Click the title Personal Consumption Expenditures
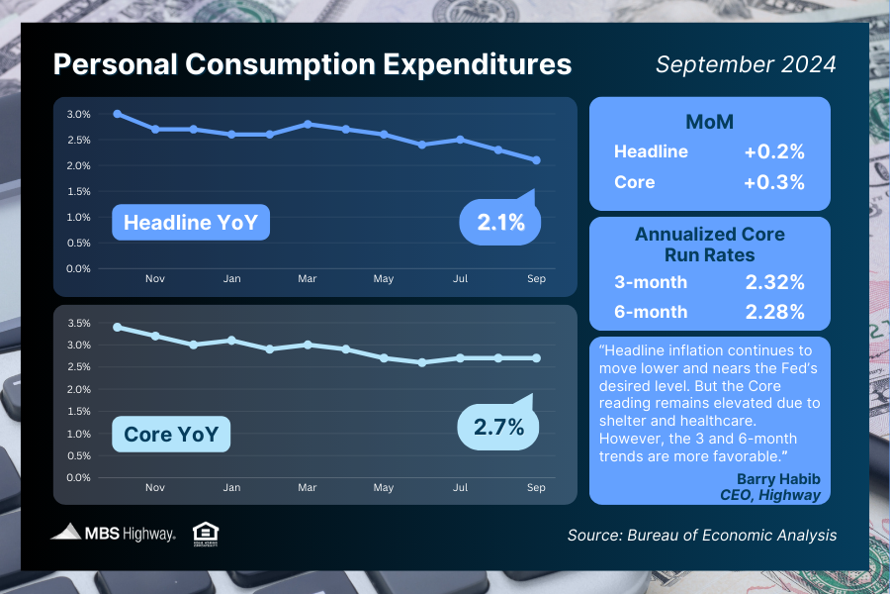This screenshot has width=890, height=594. pyautogui.click(x=311, y=64)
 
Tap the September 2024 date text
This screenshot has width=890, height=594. pyautogui.click(x=746, y=64)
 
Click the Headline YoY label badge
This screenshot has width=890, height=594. pyautogui.click(x=191, y=223)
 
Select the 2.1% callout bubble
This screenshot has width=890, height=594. pyautogui.click(x=500, y=223)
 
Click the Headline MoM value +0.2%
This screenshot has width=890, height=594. pyautogui.click(x=774, y=152)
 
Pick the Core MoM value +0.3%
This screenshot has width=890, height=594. pyautogui.click(x=774, y=182)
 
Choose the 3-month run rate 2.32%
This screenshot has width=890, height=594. pyautogui.click(x=773, y=283)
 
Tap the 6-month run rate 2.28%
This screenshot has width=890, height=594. pyautogui.click(x=773, y=313)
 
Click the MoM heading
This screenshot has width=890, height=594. pyautogui.click(x=709, y=122)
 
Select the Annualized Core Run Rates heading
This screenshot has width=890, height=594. pyautogui.click(x=709, y=244)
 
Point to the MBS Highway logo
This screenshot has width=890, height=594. pyautogui.click(x=114, y=533)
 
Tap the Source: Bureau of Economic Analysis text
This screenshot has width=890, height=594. pyautogui.click(x=702, y=535)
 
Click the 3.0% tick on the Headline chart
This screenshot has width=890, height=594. pyautogui.click(x=79, y=114)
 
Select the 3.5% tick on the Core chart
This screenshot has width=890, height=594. pyautogui.click(x=79, y=323)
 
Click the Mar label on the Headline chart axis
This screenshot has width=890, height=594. pyautogui.click(x=308, y=279)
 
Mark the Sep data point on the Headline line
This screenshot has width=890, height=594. pyautogui.click(x=535, y=160)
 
